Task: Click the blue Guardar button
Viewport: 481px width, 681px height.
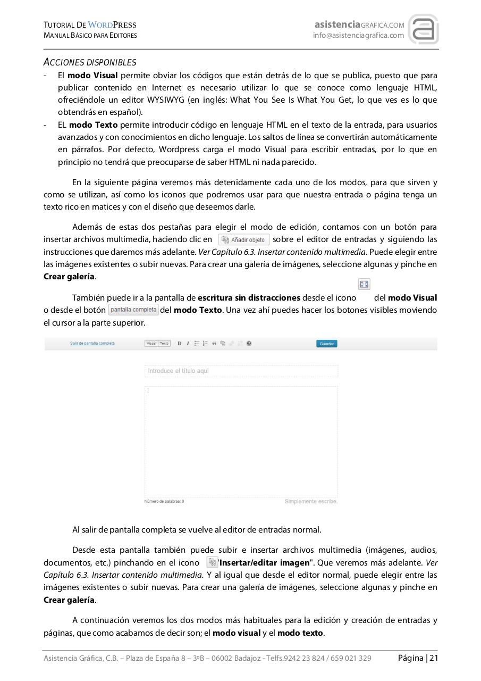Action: pyautogui.click(x=326, y=344)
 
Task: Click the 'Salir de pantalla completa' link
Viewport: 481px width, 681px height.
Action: pyautogui.click(x=92, y=343)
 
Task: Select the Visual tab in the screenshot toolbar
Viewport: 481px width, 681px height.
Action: pyautogui.click(x=151, y=343)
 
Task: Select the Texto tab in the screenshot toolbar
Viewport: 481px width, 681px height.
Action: pyautogui.click(x=165, y=343)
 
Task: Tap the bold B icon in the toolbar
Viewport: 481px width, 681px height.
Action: pyautogui.click(x=179, y=344)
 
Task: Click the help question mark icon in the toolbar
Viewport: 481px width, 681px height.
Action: pyautogui.click(x=249, y=344)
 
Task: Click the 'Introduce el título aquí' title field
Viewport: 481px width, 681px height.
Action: pyautogui.click(x=241, y=371)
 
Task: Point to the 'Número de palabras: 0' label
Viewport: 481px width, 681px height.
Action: pyautogui.click(x=164, y=501)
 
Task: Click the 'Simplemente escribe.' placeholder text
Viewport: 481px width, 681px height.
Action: pyautogui.click(x=311, y=501)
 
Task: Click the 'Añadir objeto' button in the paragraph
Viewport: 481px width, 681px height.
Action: pyautogui.click(x=244, y=239)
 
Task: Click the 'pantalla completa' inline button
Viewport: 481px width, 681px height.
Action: pyautogui.click(x=133, y=310)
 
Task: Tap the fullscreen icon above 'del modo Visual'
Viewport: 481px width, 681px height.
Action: pyautogui.click(x=364, y=284)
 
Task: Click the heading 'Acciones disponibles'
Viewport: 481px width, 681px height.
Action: pyautogui.click(x=90, y=62)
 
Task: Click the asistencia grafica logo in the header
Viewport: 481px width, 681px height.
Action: pyautogui.click(x=423, y=29)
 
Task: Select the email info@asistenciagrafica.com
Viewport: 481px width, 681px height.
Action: pyautogui.click(x=358, y=36)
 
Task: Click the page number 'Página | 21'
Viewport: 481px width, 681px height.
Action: pyautogui.click(x=418, y=658)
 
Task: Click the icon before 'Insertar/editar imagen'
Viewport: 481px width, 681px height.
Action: pyautogui.click(x=212, y=562)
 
